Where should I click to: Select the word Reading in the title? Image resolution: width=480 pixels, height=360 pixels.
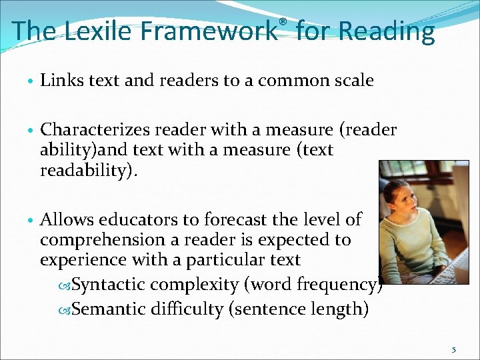tap(386, 31)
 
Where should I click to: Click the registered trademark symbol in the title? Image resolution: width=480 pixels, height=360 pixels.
tap(283, 22)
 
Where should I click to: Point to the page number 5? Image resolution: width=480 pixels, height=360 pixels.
tap(454, 350)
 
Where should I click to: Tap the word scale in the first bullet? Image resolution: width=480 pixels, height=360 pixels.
tap(353, 81)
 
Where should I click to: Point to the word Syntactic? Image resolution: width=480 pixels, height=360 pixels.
tap(108, 285)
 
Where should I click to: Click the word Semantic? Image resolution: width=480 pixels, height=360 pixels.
tap(107, 309)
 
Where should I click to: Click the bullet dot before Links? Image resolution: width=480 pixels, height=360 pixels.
tap(31, 82)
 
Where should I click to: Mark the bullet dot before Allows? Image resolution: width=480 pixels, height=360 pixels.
tap(31, 220)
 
